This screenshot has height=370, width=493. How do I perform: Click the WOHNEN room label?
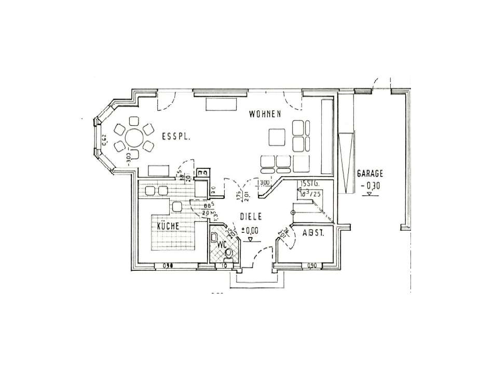[265, 114]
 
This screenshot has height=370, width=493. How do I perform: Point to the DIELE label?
[250, 217]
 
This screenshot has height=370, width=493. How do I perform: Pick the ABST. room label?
[313, 233]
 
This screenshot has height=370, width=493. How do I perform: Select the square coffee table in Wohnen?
[277, 137]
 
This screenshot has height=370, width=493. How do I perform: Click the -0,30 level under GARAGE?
[369, 185]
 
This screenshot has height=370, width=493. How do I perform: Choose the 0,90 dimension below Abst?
[311, 266]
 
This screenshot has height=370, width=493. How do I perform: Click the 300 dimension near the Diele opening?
[264, 182]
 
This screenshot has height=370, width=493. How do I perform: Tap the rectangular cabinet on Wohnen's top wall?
[221, 103]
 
